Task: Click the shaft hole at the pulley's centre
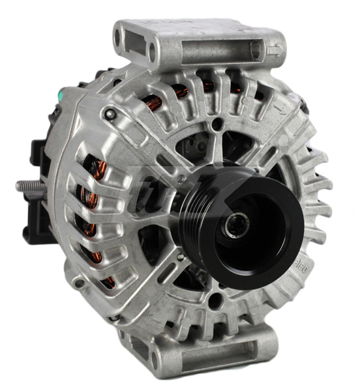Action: (x=239, y=225)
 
